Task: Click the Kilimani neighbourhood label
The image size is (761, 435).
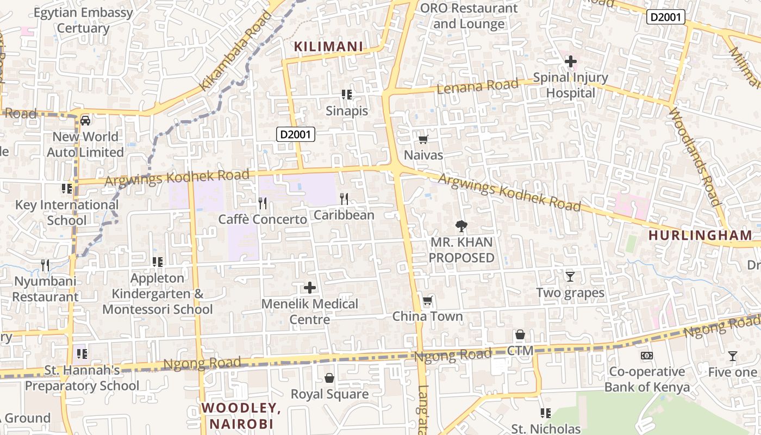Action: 328,47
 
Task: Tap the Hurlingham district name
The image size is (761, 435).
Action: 701,235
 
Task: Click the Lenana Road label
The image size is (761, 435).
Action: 478,86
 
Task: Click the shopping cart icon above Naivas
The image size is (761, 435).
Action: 423,139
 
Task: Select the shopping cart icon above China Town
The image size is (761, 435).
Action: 428,301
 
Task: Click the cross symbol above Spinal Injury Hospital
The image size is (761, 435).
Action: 571,62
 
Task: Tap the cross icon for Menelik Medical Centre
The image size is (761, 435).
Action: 310,287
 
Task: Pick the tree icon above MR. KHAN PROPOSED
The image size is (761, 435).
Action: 461,226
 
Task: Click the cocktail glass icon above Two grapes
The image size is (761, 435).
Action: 570,277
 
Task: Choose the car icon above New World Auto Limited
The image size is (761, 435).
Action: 85,120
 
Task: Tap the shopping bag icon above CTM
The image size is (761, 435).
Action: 520,334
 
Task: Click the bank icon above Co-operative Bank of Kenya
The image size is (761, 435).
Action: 647,356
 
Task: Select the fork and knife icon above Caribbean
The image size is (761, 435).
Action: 344,199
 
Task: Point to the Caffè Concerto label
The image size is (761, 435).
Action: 263,220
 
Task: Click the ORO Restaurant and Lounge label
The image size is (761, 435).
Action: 469,16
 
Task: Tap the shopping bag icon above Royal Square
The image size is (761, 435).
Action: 329,378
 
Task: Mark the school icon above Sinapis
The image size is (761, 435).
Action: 347,95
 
